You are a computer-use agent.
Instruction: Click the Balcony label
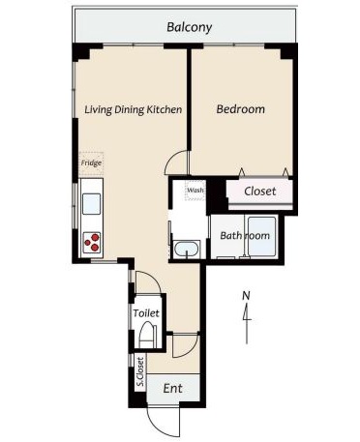(189, 27)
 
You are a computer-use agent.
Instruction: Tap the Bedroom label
(241, 109)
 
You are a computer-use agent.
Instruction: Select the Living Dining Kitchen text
(133, 109)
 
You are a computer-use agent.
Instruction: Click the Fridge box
(91, 163)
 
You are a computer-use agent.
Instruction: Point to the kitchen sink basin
(91, 204)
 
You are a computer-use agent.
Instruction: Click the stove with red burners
(92, 243)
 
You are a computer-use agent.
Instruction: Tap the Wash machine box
(195, 190)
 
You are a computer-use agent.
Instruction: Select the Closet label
(260, 192)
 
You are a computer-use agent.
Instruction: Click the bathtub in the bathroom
(262, 236)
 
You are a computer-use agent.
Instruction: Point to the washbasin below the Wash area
(186, 250)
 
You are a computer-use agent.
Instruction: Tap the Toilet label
(146, 313)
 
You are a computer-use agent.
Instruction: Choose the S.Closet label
(140, 371)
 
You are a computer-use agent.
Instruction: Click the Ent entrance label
(173, 388)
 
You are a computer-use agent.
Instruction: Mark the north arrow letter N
(247, 295)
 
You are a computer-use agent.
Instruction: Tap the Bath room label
(245, 236)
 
